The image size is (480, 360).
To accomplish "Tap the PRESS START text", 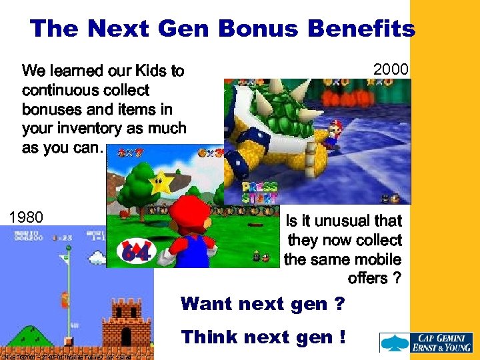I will coord(260,193).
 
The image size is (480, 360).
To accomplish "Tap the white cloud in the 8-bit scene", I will coord(97,256).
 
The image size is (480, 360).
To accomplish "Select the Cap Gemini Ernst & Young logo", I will coord(427,343).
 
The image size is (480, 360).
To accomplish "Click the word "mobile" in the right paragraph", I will coord(377,259).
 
